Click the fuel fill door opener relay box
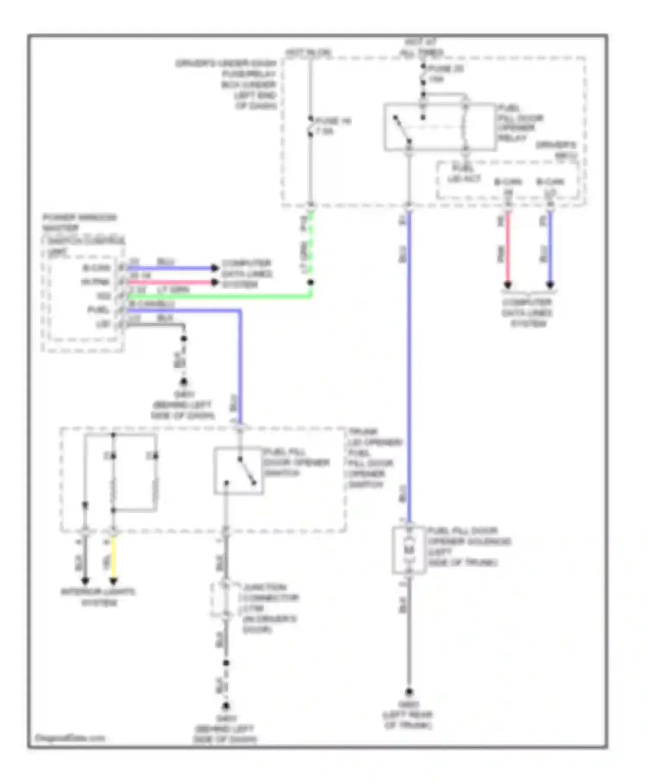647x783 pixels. pos(440,127)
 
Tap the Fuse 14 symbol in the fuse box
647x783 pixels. pos(311,126)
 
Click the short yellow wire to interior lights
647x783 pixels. pos(113,559)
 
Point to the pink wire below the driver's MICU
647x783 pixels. pos(508,248)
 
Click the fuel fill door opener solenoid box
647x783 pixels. pos(408,550)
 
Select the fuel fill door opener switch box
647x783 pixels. pos(239,471)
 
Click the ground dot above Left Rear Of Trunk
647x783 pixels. pos(408,691)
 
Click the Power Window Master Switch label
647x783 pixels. pos(80,222)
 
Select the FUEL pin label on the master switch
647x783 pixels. pos(98,310)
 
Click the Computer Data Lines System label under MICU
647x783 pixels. pos(528,313)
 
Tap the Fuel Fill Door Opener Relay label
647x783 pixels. pos(520,123)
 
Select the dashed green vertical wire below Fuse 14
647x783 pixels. pos(311,244)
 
